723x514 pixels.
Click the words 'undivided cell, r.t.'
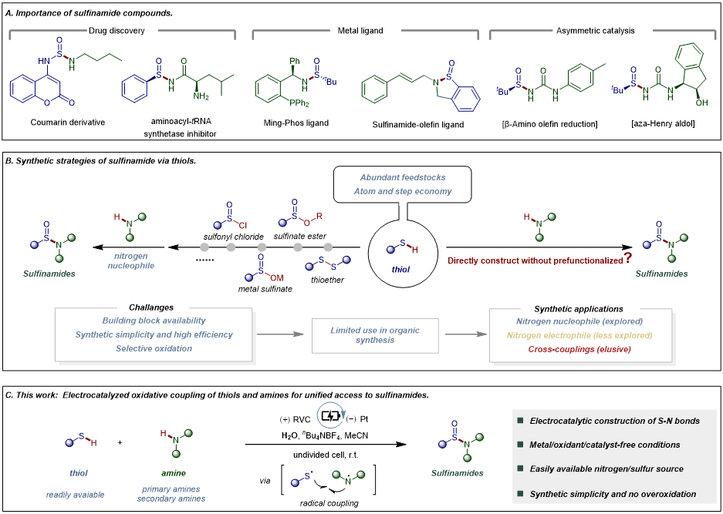tap(325, 455)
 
